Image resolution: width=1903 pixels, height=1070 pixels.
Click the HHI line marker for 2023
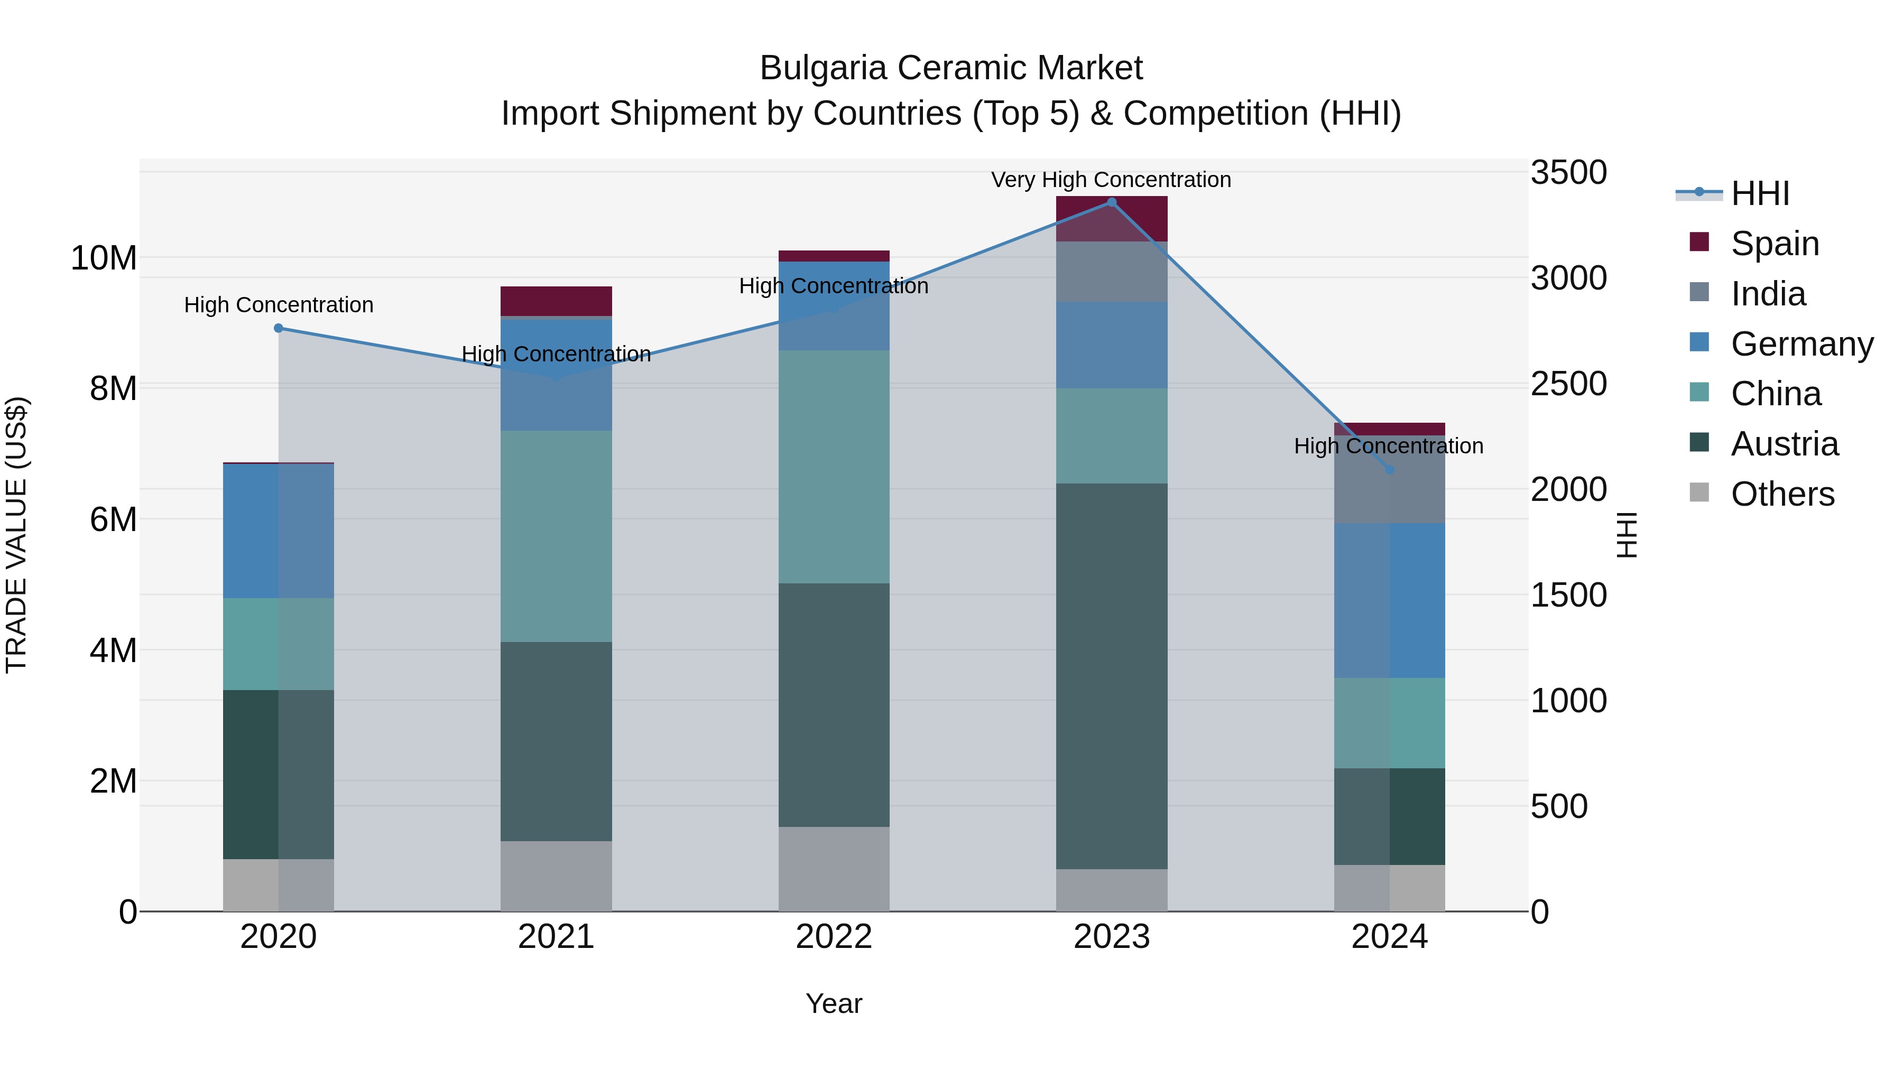tap(1111, 202)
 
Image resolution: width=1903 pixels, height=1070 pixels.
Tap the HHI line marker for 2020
tap(279, 328)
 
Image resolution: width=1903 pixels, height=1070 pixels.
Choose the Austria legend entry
tap(1784, 444)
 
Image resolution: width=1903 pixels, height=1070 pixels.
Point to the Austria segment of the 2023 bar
tap(1111, 676)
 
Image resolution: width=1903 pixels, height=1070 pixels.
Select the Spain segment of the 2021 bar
tap(556, 301)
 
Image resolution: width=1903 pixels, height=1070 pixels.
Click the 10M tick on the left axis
tap(104, 258)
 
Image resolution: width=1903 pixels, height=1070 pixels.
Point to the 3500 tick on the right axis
tap(1568, 173)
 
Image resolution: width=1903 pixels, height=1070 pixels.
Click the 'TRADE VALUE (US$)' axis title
tap(16, 535)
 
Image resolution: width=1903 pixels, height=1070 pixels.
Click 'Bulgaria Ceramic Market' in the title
tap(951, 68)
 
